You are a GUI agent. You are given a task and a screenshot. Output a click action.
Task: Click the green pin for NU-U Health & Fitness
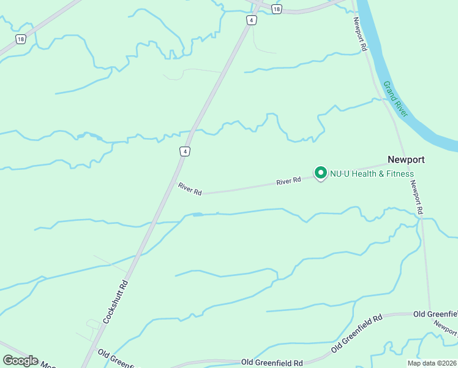pos(320,172)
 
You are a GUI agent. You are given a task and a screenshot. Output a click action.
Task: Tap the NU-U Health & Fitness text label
pos(372,174)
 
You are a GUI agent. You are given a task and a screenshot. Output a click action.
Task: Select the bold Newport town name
pos(406,159)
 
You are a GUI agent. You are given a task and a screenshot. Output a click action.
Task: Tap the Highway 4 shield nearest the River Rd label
pos(184,151)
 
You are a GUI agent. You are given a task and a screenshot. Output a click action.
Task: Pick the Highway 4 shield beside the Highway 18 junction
pos(251,20)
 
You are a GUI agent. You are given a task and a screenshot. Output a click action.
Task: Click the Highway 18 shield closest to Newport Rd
pos(277,9)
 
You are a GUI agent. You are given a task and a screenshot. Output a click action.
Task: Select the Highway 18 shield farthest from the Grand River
pos(21,39)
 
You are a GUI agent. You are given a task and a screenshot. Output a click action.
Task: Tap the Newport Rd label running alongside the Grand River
pos(360,34)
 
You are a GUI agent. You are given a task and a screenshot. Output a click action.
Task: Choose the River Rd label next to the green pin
pos(288,181)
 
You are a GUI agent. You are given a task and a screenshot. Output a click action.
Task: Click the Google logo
pos(20,361)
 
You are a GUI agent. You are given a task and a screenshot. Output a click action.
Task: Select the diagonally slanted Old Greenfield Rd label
pos(356,333)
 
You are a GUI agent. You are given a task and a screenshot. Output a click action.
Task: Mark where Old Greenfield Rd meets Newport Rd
pos(430,313)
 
